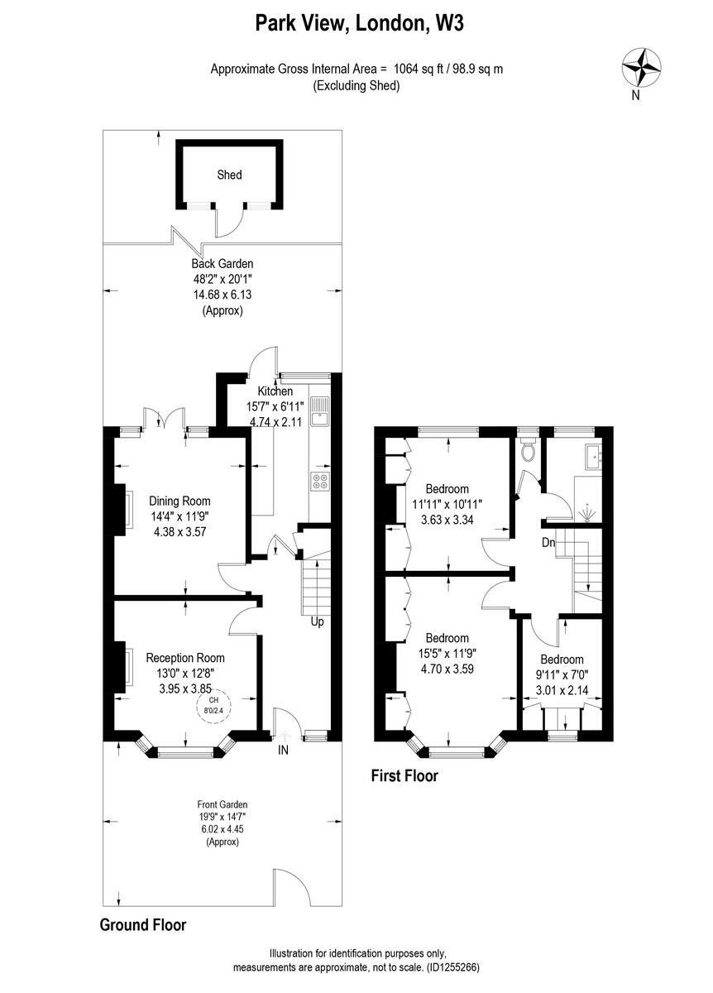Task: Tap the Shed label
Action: [229, 175]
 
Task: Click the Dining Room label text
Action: [179, 501]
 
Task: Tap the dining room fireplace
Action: [125, 506]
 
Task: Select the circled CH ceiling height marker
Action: [213, 704]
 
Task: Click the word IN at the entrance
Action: [284, 751]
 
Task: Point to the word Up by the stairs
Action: [317, 621]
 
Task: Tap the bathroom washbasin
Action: [593, 456]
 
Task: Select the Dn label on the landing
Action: [549, 544]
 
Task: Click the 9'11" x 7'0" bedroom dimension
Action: [562, 674]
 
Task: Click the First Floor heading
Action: [404, 776]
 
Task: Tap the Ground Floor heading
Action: [143, 924]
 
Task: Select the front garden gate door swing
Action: [290, 890]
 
